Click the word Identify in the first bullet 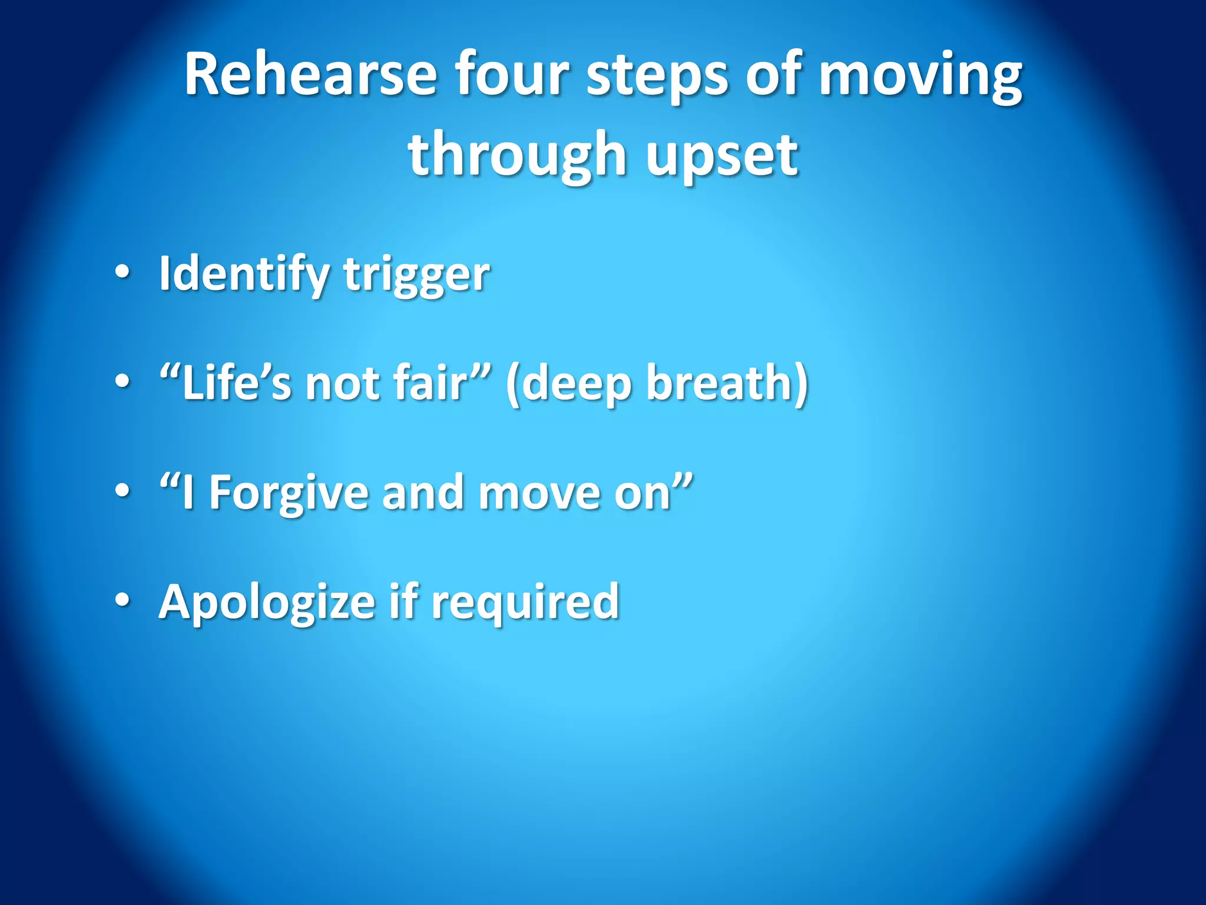coord(244,275)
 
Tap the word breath coord(721,383)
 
